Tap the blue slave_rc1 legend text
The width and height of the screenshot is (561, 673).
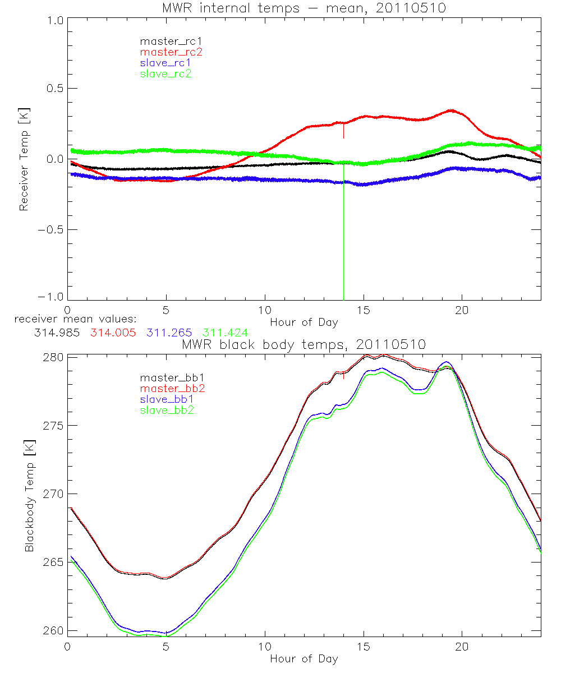click(165, 62)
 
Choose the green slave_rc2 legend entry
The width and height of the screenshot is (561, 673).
click(165, 73)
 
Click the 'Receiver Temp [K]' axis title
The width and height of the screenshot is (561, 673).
click(24, 159)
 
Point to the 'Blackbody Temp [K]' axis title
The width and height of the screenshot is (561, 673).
click(29, 494)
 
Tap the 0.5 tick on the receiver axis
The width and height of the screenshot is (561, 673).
click(55, 89)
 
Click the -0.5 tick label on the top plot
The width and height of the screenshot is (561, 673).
click(52, 229)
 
